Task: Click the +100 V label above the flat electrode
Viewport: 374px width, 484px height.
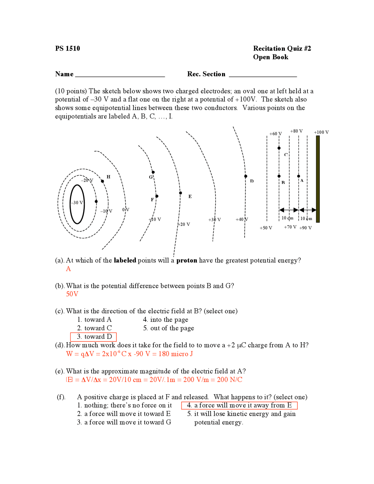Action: (x=321, y=132)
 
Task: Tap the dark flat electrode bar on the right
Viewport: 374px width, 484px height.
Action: (x=318, y=179)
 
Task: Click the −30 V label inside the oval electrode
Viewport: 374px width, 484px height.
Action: (x=77, y=203)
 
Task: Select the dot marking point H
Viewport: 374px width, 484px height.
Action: (x=102, y=181)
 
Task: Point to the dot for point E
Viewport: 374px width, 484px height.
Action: (x=181, y=193)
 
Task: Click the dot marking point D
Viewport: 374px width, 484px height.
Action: (x=246, y=176)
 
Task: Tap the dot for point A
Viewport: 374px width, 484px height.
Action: (x=298, y=176)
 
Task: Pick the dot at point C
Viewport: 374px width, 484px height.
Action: (x=279, y=148)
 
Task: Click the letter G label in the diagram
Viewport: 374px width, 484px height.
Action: (x=151, y=177)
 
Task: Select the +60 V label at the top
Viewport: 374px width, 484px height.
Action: (x=275, y=134)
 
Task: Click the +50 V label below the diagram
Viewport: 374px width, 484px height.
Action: (x=266, y=228)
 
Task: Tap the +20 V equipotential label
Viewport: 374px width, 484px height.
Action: (x=184, y=224)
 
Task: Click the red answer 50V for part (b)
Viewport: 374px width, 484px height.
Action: (x=72, y=294)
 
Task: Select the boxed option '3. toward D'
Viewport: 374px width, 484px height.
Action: (x=93, y=337)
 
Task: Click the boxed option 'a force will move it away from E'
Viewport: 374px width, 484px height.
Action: (x=239, y=405)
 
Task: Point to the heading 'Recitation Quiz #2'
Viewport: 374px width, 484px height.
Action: (x=282, y=49)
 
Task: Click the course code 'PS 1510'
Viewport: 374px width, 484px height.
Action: (x=67, y=49)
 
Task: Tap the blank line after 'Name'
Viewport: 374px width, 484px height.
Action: (x=120, y=75)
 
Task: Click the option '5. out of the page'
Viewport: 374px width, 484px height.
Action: (x=169, y=328)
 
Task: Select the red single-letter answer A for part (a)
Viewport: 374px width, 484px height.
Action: (x=68, y=269)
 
